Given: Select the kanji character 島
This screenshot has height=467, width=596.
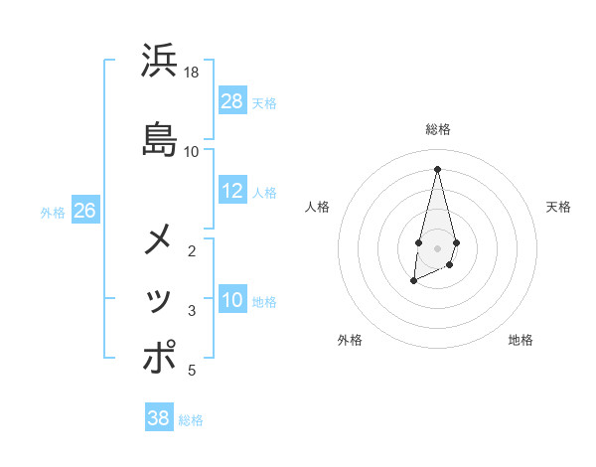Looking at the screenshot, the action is (x=160, y=138).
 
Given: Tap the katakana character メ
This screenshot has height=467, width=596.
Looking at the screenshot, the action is (x=160, y=241).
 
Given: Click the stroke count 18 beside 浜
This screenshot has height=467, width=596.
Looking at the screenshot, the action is (x=192, y=73).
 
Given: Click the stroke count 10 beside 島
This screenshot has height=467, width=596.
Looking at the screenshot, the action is (x=192, y=151).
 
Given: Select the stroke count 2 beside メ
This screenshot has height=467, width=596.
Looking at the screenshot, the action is (x=192, y=251).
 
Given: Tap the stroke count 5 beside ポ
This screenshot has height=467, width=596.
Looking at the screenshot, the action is (x=192, y=371).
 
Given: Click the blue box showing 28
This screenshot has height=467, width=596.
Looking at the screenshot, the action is (x=232, y=101).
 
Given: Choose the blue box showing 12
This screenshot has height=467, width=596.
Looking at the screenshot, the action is (x=232, y=191).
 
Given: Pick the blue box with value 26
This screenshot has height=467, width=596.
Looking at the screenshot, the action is (x=84, y=211).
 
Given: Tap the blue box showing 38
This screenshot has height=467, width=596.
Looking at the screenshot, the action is (x=159, y=418).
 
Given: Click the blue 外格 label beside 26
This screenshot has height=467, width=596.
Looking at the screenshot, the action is (x=53, y=212).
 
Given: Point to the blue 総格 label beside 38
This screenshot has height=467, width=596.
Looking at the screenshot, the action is (x=191, y=420).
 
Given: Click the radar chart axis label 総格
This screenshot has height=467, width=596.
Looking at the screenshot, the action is (x=438, y=129).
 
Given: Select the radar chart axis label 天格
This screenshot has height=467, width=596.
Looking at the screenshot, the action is (x=558, y=207).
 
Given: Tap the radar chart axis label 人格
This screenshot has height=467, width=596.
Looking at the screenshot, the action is (x=318, y=207).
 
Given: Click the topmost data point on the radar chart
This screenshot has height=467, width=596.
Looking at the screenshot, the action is (x=437, y=168).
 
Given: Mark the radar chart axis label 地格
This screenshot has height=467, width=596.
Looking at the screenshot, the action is (x=521, y=340).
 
